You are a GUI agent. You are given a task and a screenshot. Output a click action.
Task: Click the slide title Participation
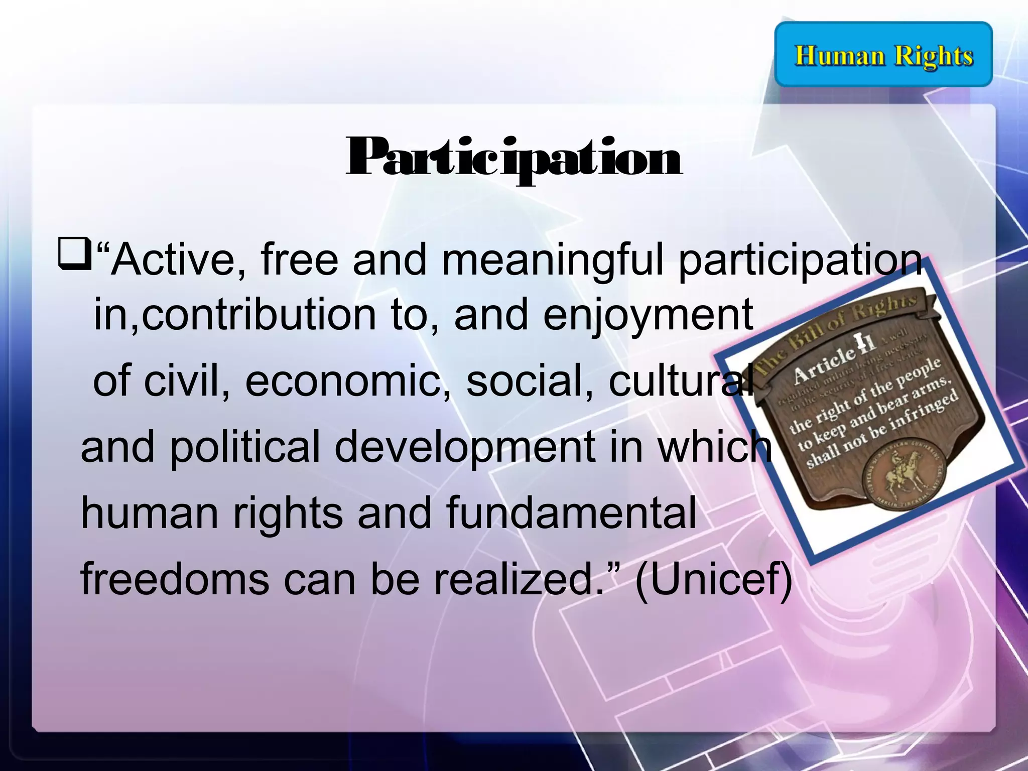(x=513, y=158)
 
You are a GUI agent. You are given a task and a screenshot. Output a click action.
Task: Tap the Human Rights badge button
(x=883, y=55)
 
